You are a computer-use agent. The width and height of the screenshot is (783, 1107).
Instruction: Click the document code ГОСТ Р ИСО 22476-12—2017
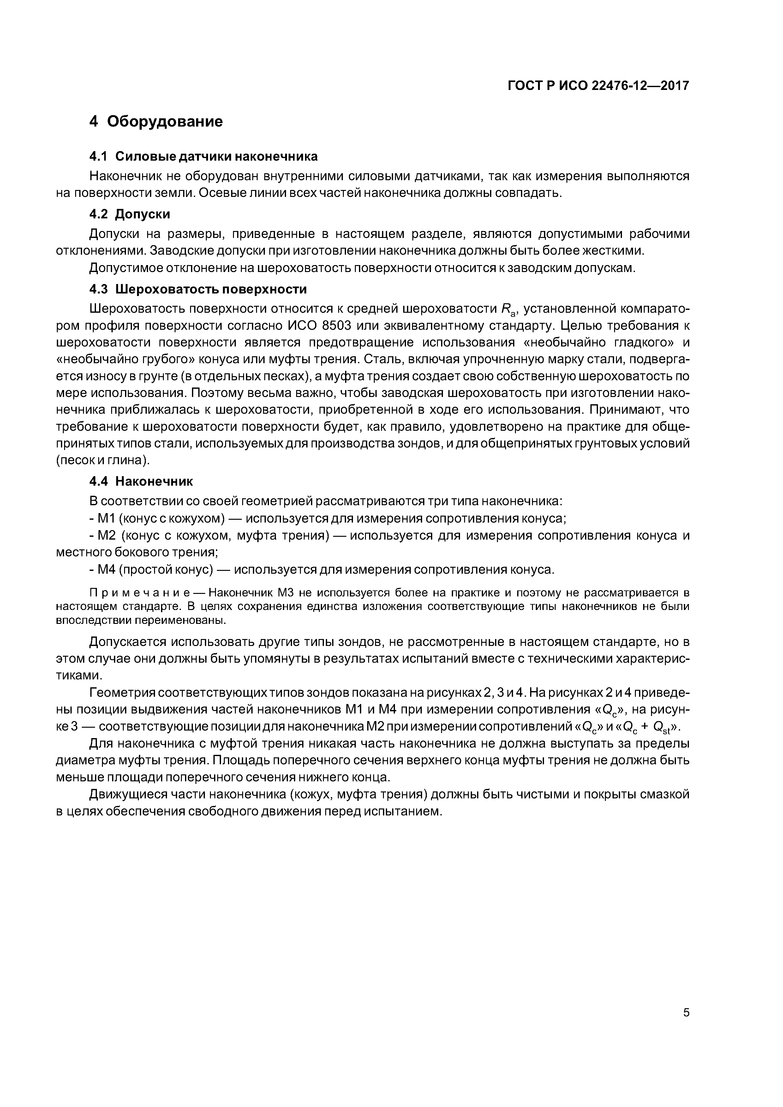(598, 86)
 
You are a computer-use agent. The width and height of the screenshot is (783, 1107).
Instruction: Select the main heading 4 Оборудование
(156, 121)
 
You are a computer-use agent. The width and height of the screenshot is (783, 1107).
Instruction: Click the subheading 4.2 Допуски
(130, 214)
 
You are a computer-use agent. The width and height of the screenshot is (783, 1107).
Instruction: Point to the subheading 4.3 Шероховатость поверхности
(198, 289)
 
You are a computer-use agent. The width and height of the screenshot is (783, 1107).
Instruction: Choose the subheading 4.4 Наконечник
(141, 481)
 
